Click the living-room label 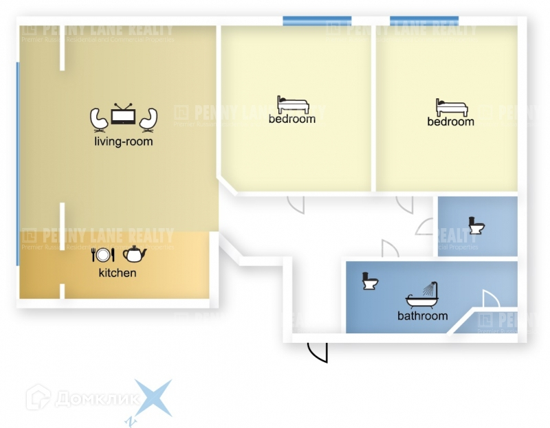tap(124, 142)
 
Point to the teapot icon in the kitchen tap(135, 254)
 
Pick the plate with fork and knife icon tap(103, 255)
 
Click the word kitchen tap(118, 273)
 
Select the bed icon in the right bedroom tap(451, 107)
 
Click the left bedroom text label tap(292, 119)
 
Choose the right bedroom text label tap(451, 122)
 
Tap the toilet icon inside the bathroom tap(371, 281)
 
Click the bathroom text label tap(423, 316)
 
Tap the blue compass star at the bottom tap(152, 399)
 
